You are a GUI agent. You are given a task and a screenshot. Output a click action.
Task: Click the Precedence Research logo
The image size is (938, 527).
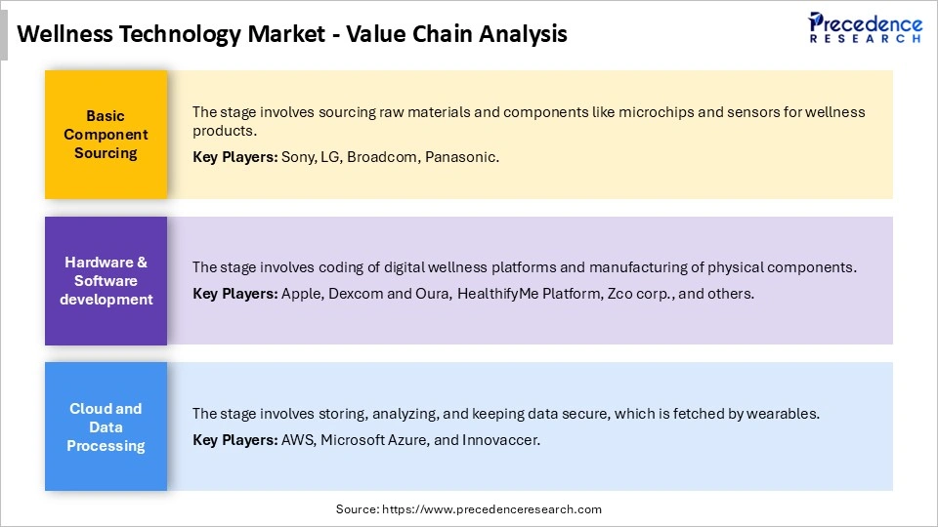[x=865, y=26]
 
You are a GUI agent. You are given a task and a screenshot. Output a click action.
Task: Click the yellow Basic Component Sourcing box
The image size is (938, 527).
[x=106, y=135]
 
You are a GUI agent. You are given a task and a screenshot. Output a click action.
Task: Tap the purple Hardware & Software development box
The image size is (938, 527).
[x=106, y=281]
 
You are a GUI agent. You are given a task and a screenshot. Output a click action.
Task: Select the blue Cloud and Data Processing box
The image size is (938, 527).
[x=106, y=427]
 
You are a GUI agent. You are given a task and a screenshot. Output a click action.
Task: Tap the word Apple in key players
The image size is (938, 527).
[x=301, y=293]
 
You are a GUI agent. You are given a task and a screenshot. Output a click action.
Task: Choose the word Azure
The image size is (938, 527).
[x=404, y=440]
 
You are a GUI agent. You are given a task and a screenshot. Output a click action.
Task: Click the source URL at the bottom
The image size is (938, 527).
[x=491, y=509]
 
